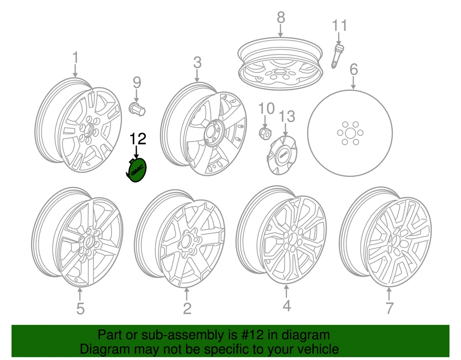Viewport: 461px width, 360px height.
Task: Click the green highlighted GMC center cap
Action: (x=137, y=170)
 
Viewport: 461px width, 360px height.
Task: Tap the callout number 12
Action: (x=138, y=139)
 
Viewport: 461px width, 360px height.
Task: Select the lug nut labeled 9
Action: (x=137, y=109)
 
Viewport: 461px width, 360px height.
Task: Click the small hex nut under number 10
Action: (x=265, y=133)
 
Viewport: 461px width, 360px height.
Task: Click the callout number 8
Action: (x=281, y=18)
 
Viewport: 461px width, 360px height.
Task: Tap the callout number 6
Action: (x=354, y=69)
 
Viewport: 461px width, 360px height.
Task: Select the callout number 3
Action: (x=197, y=63)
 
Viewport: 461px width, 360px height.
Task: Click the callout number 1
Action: (x=76, y=57)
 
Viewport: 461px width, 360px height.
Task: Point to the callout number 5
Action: (x=80, y=308)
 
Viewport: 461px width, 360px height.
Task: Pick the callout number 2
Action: (x=187, y=308)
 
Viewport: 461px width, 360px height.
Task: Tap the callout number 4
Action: (x=287, y=306)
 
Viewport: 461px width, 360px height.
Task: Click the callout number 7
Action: (x=389, y=308)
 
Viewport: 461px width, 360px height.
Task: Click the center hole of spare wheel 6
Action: (x=349, y=133)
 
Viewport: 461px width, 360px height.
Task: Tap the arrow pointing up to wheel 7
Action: (x=389, y=294)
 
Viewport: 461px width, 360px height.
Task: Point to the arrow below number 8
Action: (x=280, y=31)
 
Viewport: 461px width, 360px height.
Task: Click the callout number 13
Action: (x=286, y=117)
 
